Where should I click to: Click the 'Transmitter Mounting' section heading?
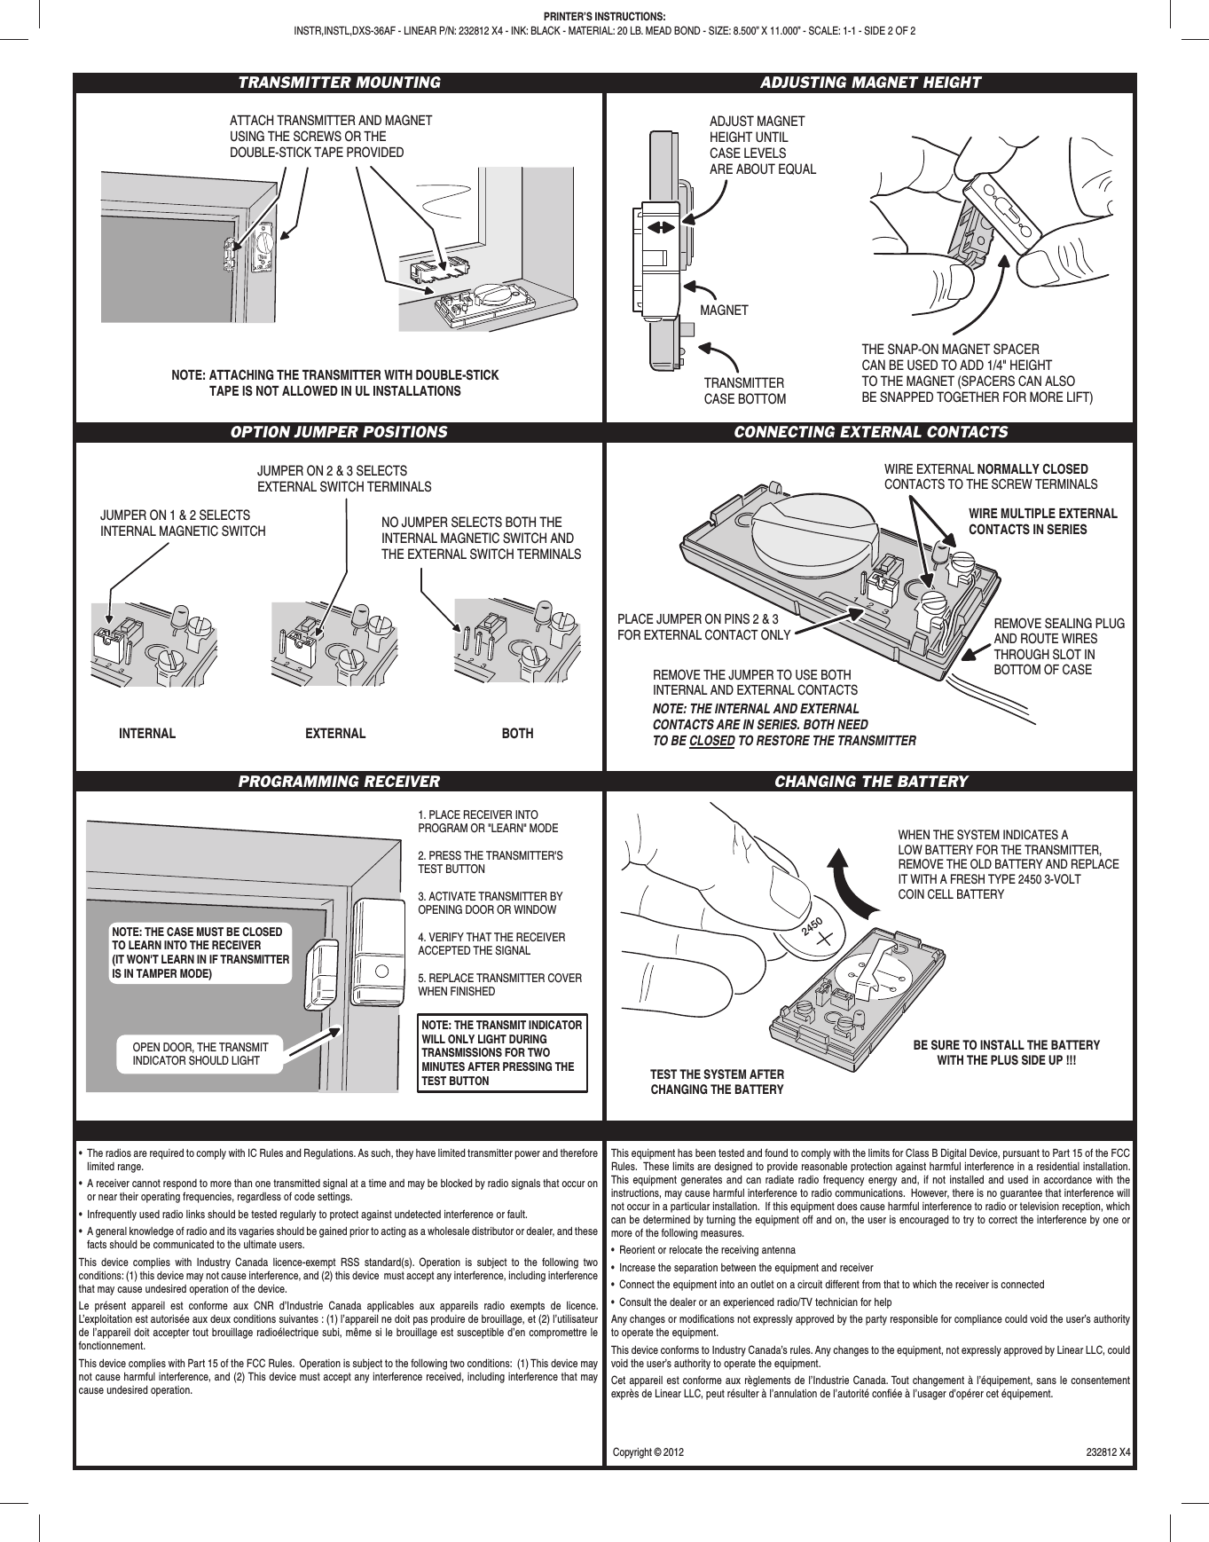click(339, 83)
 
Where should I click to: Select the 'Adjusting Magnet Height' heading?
click(871, 83)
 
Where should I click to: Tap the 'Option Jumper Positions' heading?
click(339, 432)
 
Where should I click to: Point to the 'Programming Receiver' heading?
click(339, 782)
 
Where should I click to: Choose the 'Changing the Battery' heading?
click(871, 782)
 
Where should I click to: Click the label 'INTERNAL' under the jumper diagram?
click(147, 734)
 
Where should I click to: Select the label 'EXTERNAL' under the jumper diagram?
click(335, 734)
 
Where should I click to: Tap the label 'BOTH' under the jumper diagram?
click(518, 734)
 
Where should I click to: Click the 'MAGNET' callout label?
click(724, 311)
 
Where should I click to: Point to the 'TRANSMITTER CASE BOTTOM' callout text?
click(744, 391)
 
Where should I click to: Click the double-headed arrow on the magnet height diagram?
click(660, 227)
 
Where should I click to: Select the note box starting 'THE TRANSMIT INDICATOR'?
click(502, 1053)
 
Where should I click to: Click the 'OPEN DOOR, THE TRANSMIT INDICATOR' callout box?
click(196, 1054)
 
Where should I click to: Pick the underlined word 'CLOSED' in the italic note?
click(711, 741)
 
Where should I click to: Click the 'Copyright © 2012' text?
click(649, 1453)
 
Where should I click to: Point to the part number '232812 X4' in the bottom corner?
click(1108, 1453)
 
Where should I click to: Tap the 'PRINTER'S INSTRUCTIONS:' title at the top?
click(604, 16)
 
